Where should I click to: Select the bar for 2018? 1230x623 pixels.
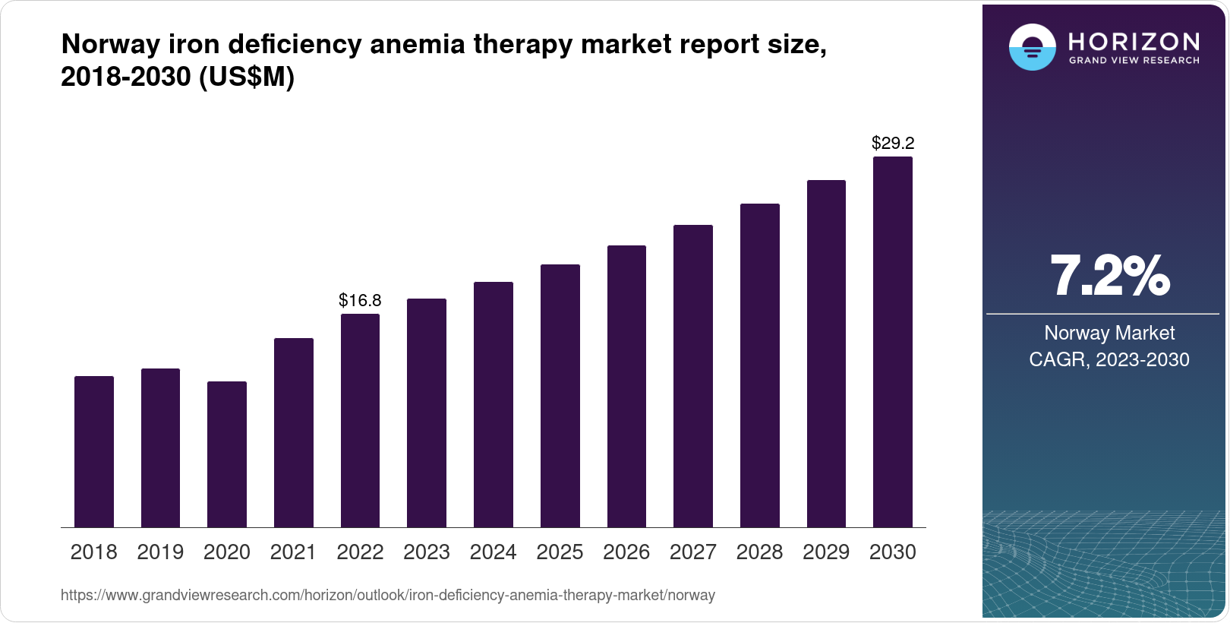pyautogui.click(x=94, y=451)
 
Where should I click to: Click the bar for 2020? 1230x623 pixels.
pyautogui.click(x=227, y=454)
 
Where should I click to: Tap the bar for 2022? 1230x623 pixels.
pyautogui.click(x=360, y=420)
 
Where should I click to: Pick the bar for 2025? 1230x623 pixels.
pyautogui.click(x=560, y=395)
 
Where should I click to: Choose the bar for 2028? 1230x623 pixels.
pyautogui.click(x=760, y=365)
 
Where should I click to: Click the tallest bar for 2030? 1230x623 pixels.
pyautogui.click(x=893, y=342)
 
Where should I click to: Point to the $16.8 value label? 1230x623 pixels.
pyautogui.click(x=360, y=300)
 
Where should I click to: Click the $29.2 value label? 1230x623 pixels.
pyautogui.click(x=893, y=143)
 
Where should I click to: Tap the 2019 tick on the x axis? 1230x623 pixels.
pyautogui.click(x=160, y=552)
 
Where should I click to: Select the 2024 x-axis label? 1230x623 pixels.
pyautogui.click(x=493, y=552)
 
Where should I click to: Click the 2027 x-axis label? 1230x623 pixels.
pyautogui.click(x=693, y=552)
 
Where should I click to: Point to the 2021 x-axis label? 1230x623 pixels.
pyautogui.click(x=293, y=552)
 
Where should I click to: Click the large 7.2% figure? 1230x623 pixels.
pyautogui.click(x=1109, y=276)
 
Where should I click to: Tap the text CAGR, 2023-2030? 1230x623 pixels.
pyautogui.click(x=1109, y=359)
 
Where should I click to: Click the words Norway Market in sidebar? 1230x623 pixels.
pyautogui.click(x=1109, y=333)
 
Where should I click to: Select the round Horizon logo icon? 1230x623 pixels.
pyautogui.click(x=1032, y=47)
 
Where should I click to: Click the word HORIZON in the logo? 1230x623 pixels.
pyautogui.click(x=1134, y=41)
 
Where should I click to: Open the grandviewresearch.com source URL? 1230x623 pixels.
pyautogui.click(x=388, y=596)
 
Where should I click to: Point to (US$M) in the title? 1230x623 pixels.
pyautogui.click(x=246, y=77)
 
